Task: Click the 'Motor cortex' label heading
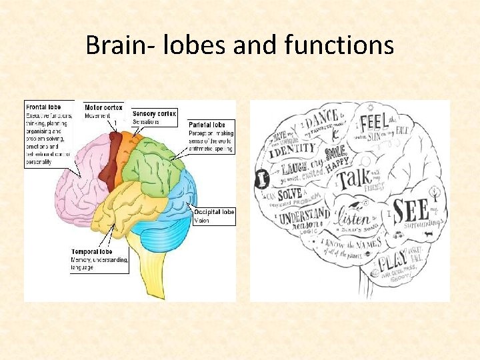(103, 107)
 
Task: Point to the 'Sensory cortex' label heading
(154, 114)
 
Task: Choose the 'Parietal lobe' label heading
(207, 125)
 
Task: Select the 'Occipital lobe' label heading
(214, 212)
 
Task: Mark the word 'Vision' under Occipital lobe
(202, 220)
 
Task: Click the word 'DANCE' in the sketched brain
(323, 119)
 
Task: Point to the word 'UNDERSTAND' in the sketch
(304, 216)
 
